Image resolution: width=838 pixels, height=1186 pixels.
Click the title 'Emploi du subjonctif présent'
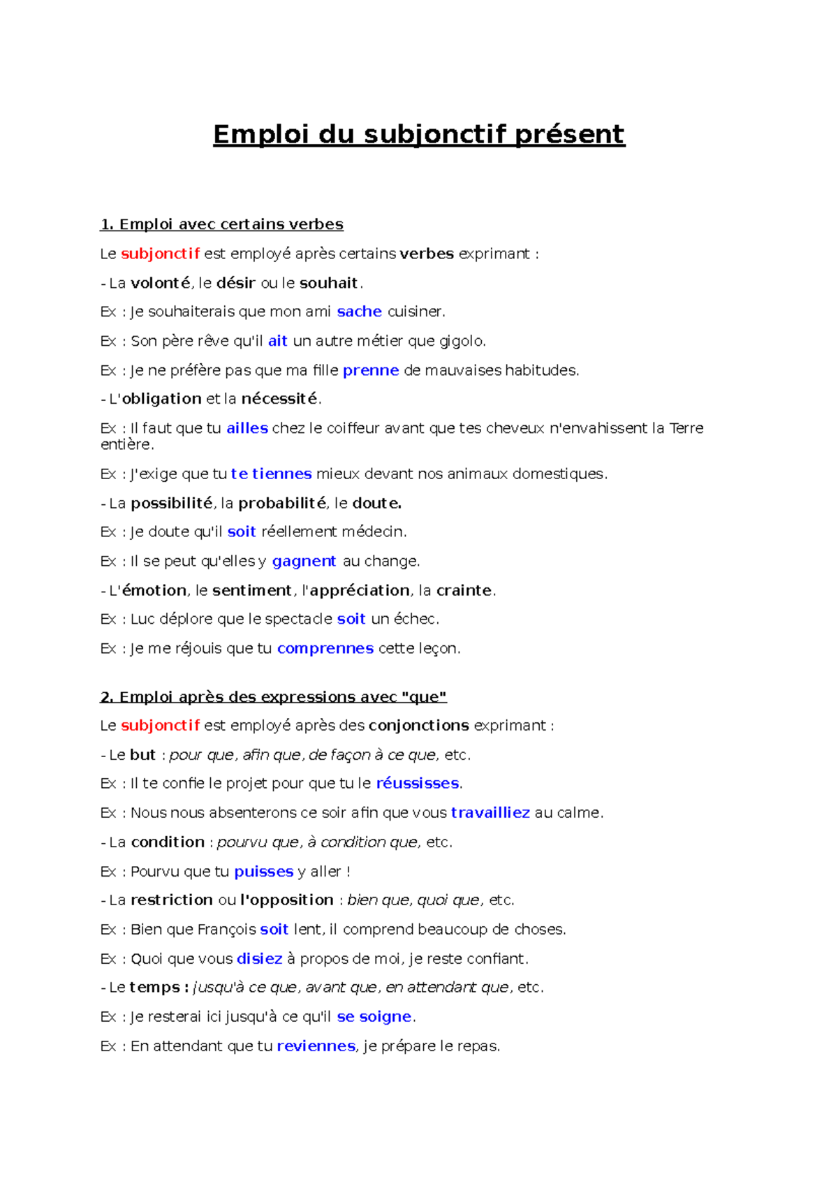click(419, 134)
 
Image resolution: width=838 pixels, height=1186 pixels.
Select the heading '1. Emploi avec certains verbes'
click(222, 224)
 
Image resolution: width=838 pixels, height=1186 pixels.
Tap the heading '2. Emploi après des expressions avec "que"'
click(273, 696)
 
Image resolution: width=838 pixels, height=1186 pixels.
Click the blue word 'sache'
click(359, 312)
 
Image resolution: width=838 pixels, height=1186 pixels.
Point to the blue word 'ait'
click(277, 341)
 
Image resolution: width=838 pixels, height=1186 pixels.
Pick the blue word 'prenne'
click(371, 370)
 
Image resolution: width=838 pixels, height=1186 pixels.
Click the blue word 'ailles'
click(247, 428)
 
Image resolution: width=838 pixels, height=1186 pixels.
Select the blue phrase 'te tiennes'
click(271, 474)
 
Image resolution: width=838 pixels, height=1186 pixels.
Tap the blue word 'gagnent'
click(304, 561)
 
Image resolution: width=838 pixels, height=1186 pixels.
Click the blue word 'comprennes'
click(325, 648)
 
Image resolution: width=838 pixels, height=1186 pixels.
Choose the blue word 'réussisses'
click(418, 783)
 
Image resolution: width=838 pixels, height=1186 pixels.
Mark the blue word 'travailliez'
click(490, 812)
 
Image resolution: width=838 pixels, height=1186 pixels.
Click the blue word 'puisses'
click(263, 871)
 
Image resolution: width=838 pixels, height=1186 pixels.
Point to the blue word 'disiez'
click(259, 958)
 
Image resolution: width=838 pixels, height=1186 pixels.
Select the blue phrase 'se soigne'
click(374, 1016)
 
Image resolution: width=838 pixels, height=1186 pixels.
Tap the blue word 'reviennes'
click(316, 1046)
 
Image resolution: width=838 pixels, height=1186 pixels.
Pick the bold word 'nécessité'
click(279, 399)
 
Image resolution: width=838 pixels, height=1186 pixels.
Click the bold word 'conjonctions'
click(419, 725)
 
